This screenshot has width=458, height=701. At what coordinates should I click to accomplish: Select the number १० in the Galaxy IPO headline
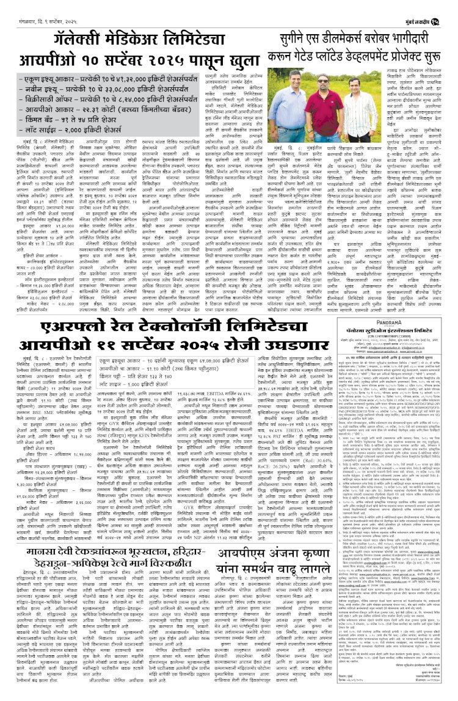pyautogui.click(x=101, y=62)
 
